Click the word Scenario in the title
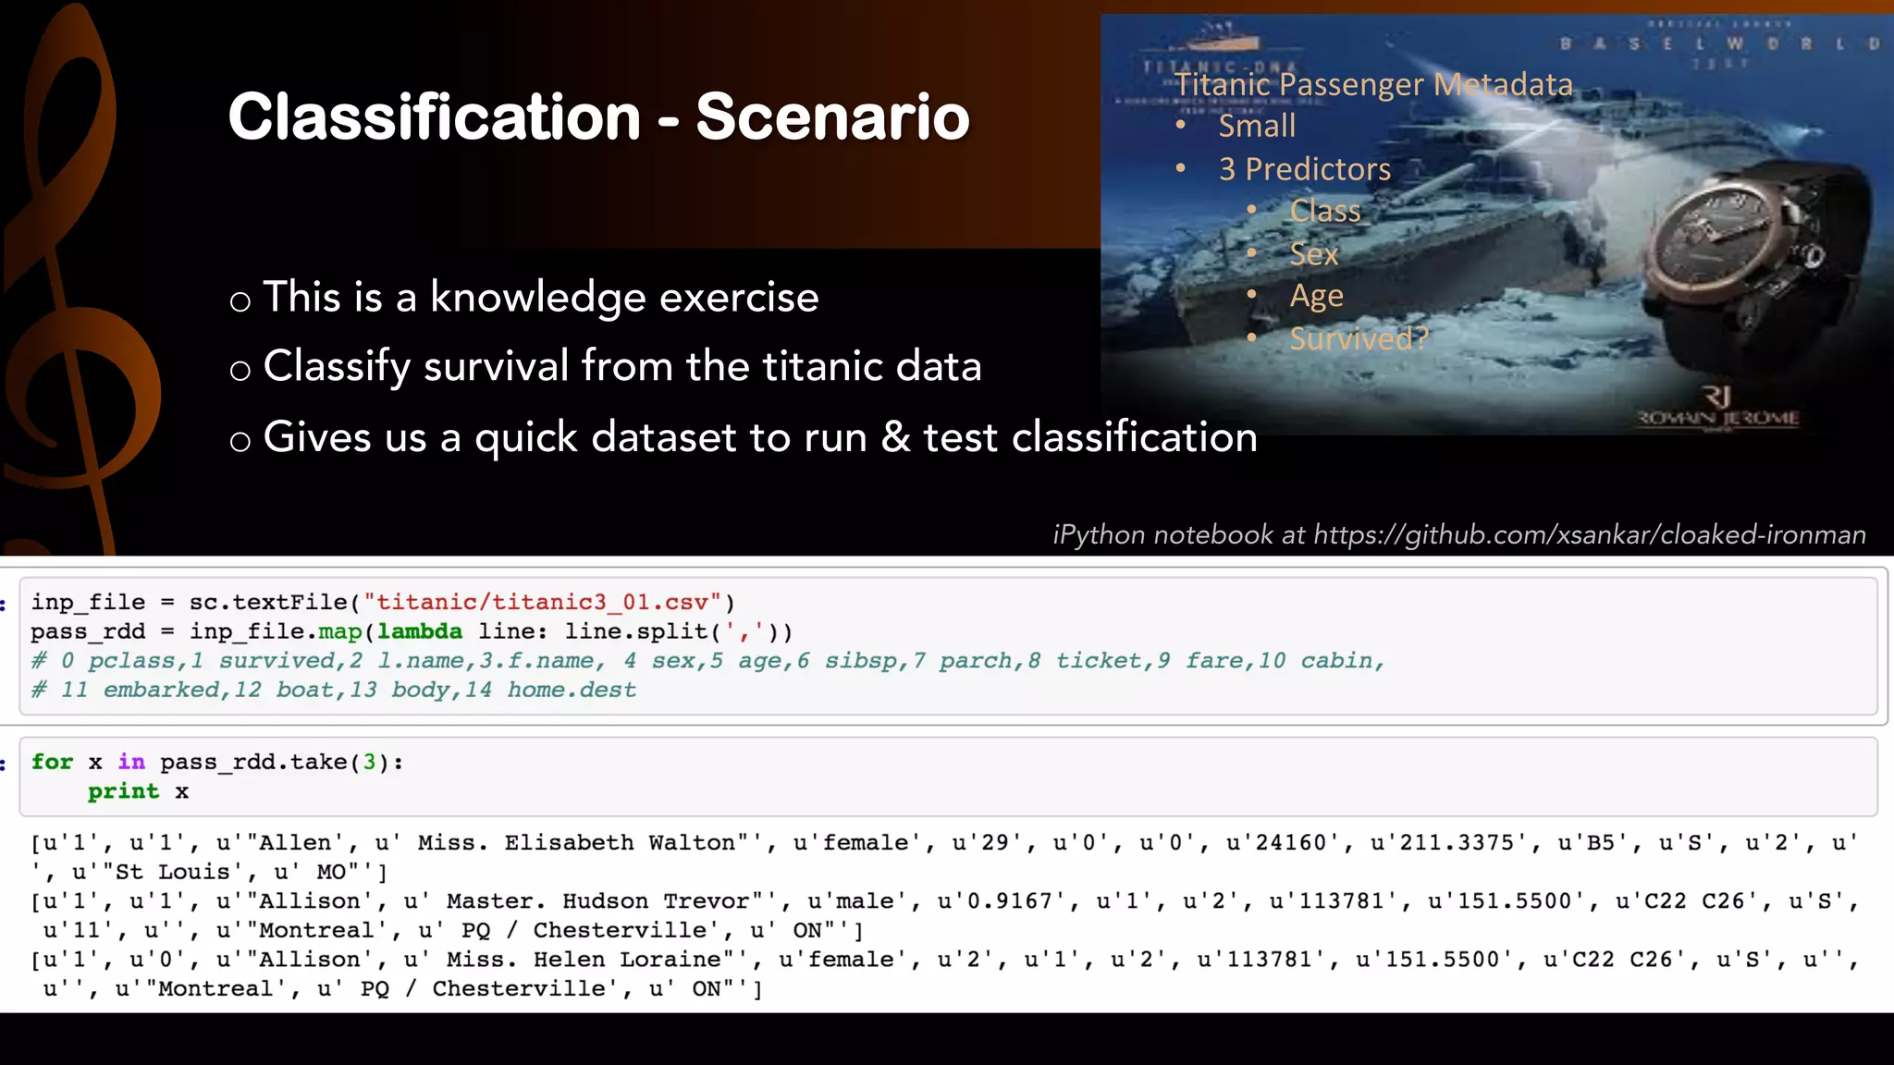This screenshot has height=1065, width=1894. [832, 117]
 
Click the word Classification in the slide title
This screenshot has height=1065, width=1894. [434, 117]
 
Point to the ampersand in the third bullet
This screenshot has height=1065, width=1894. [894, 437]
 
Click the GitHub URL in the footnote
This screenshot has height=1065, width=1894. [1589, 534]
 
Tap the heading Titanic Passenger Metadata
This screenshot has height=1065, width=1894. [1373, 84]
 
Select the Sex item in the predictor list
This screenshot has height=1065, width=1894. [1313, 253]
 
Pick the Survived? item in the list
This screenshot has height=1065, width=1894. [1359, 338]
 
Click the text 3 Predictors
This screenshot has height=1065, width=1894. [1304, 169]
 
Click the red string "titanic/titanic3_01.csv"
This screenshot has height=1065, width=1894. [542, 603]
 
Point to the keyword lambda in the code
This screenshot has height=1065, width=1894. [420, 631]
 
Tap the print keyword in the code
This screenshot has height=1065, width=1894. [123, 791]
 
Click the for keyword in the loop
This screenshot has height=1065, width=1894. [52, 762]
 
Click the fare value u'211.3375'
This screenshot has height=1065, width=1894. [1451, 843]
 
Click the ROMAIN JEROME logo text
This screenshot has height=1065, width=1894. [1718, 418]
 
